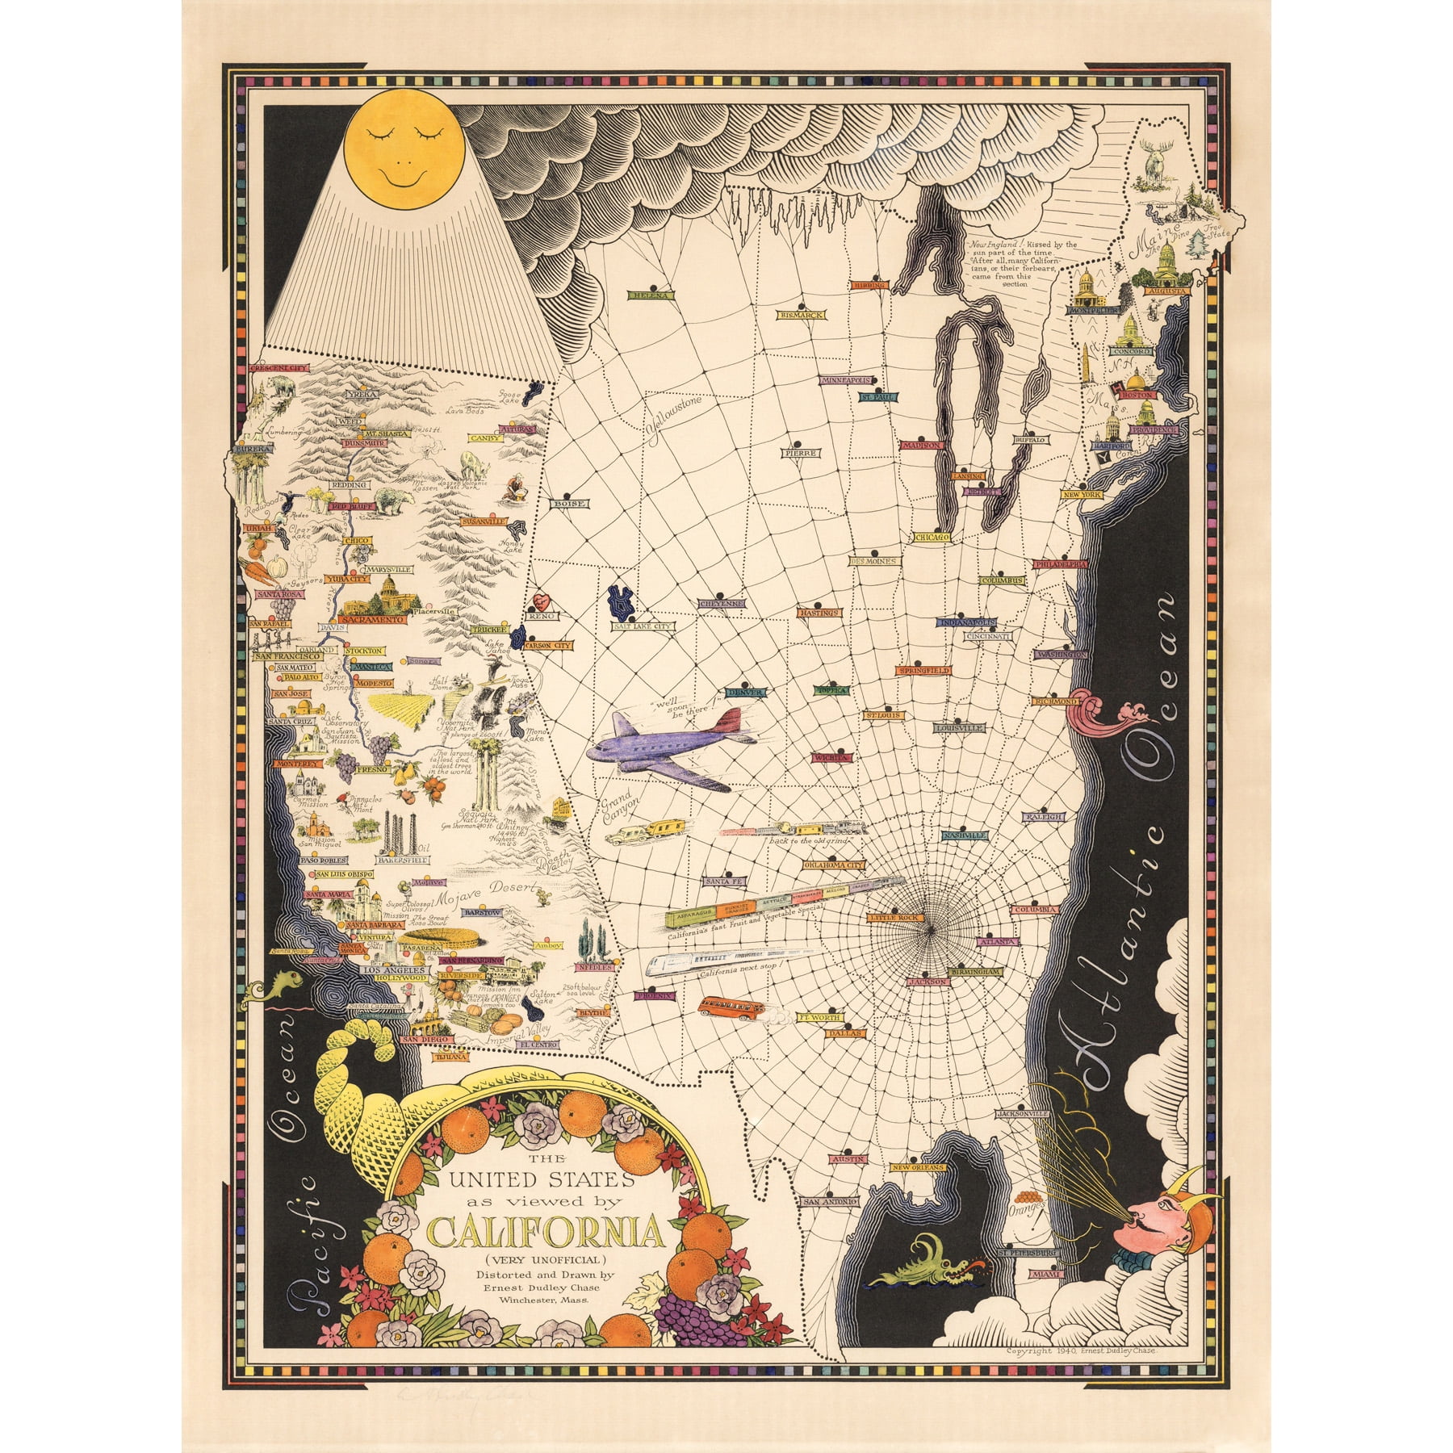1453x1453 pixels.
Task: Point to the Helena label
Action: pyautogui.click(x=651, y=295)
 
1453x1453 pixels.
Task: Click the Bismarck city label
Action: pyautogui.click(x=801, y=315)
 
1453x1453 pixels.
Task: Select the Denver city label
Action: pyautogui.click(x=745, y=692)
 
